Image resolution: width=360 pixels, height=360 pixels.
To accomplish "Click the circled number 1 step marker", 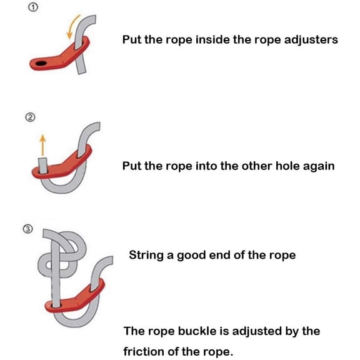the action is click(33, 7).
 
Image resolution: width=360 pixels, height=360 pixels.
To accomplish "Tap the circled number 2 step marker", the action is click(30, 117).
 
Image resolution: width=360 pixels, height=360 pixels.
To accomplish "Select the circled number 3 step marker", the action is click(28, 229).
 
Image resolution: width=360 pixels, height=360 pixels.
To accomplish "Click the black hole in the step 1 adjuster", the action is click(41, 63).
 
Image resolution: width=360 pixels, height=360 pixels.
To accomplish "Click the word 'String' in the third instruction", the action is click(146, 255).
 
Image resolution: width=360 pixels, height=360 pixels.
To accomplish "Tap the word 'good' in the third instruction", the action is click(191, 256).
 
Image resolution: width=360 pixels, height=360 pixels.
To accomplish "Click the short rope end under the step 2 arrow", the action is click(42, 165).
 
